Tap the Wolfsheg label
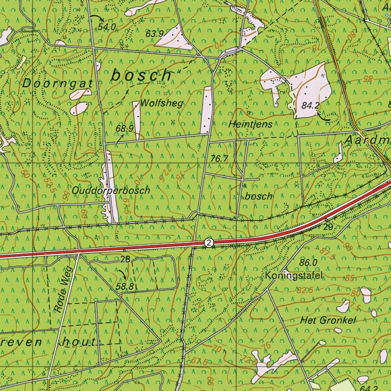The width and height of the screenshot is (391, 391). [x=162, y=103]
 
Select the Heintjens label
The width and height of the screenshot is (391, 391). [x=250, y=124]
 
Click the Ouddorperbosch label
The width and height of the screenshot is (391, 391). [x=111, y=190]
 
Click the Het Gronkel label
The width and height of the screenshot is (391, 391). [x=327, y=320]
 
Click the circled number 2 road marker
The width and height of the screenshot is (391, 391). [x=209, y=243]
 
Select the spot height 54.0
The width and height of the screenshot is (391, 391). [x=107, y=26]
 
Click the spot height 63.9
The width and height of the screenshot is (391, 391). [x=154, y=34]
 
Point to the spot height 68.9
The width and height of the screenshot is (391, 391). [x=124, y=129]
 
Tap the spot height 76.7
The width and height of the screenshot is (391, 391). [x=218, y=159]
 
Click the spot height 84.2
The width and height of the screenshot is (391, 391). [x=310, y=106]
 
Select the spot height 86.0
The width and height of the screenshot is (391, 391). [x=309, y=263]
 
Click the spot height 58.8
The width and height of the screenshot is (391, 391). [x=125, y=287]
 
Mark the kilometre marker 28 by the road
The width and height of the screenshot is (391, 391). [x=125, y=259]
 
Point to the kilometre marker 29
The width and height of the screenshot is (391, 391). [x=328, y=226]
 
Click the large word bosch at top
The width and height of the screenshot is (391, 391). [x=142, y=75]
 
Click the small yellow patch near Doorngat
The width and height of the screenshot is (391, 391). [x=21, y=63]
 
